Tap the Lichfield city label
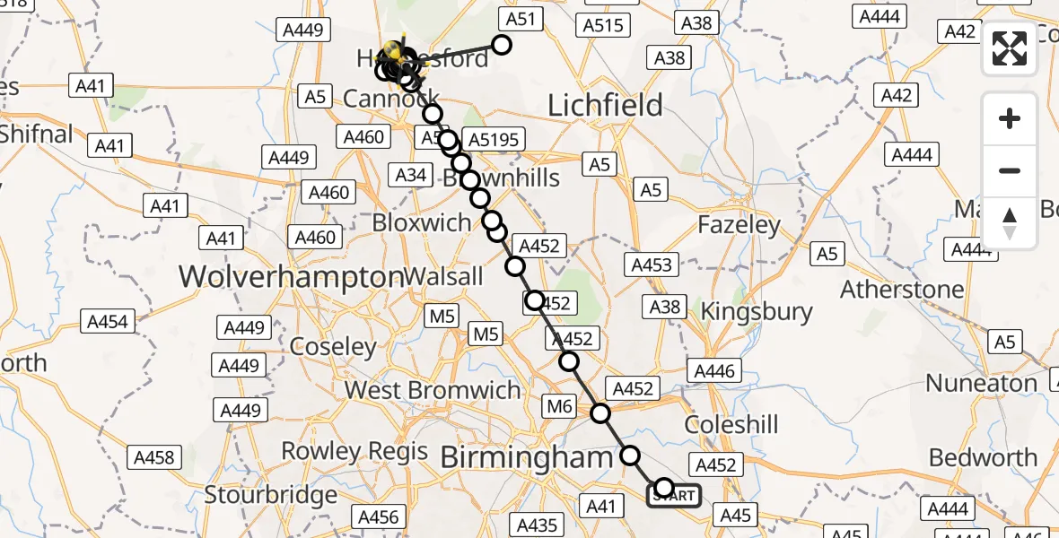[605, 106]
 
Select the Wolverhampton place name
[291, 276]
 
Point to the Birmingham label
[527, 458]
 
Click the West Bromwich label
[433, 390]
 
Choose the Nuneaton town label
[981, 383]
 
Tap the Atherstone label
[902, 290]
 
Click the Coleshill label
[731, 424]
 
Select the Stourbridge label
[271, 494]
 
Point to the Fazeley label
[739, 225]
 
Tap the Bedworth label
[983, 457]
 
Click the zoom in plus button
[1010, 118]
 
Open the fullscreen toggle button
[1010, 49]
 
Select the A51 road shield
[521, 20]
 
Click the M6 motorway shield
[559, 407]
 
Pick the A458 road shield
[153, 457]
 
